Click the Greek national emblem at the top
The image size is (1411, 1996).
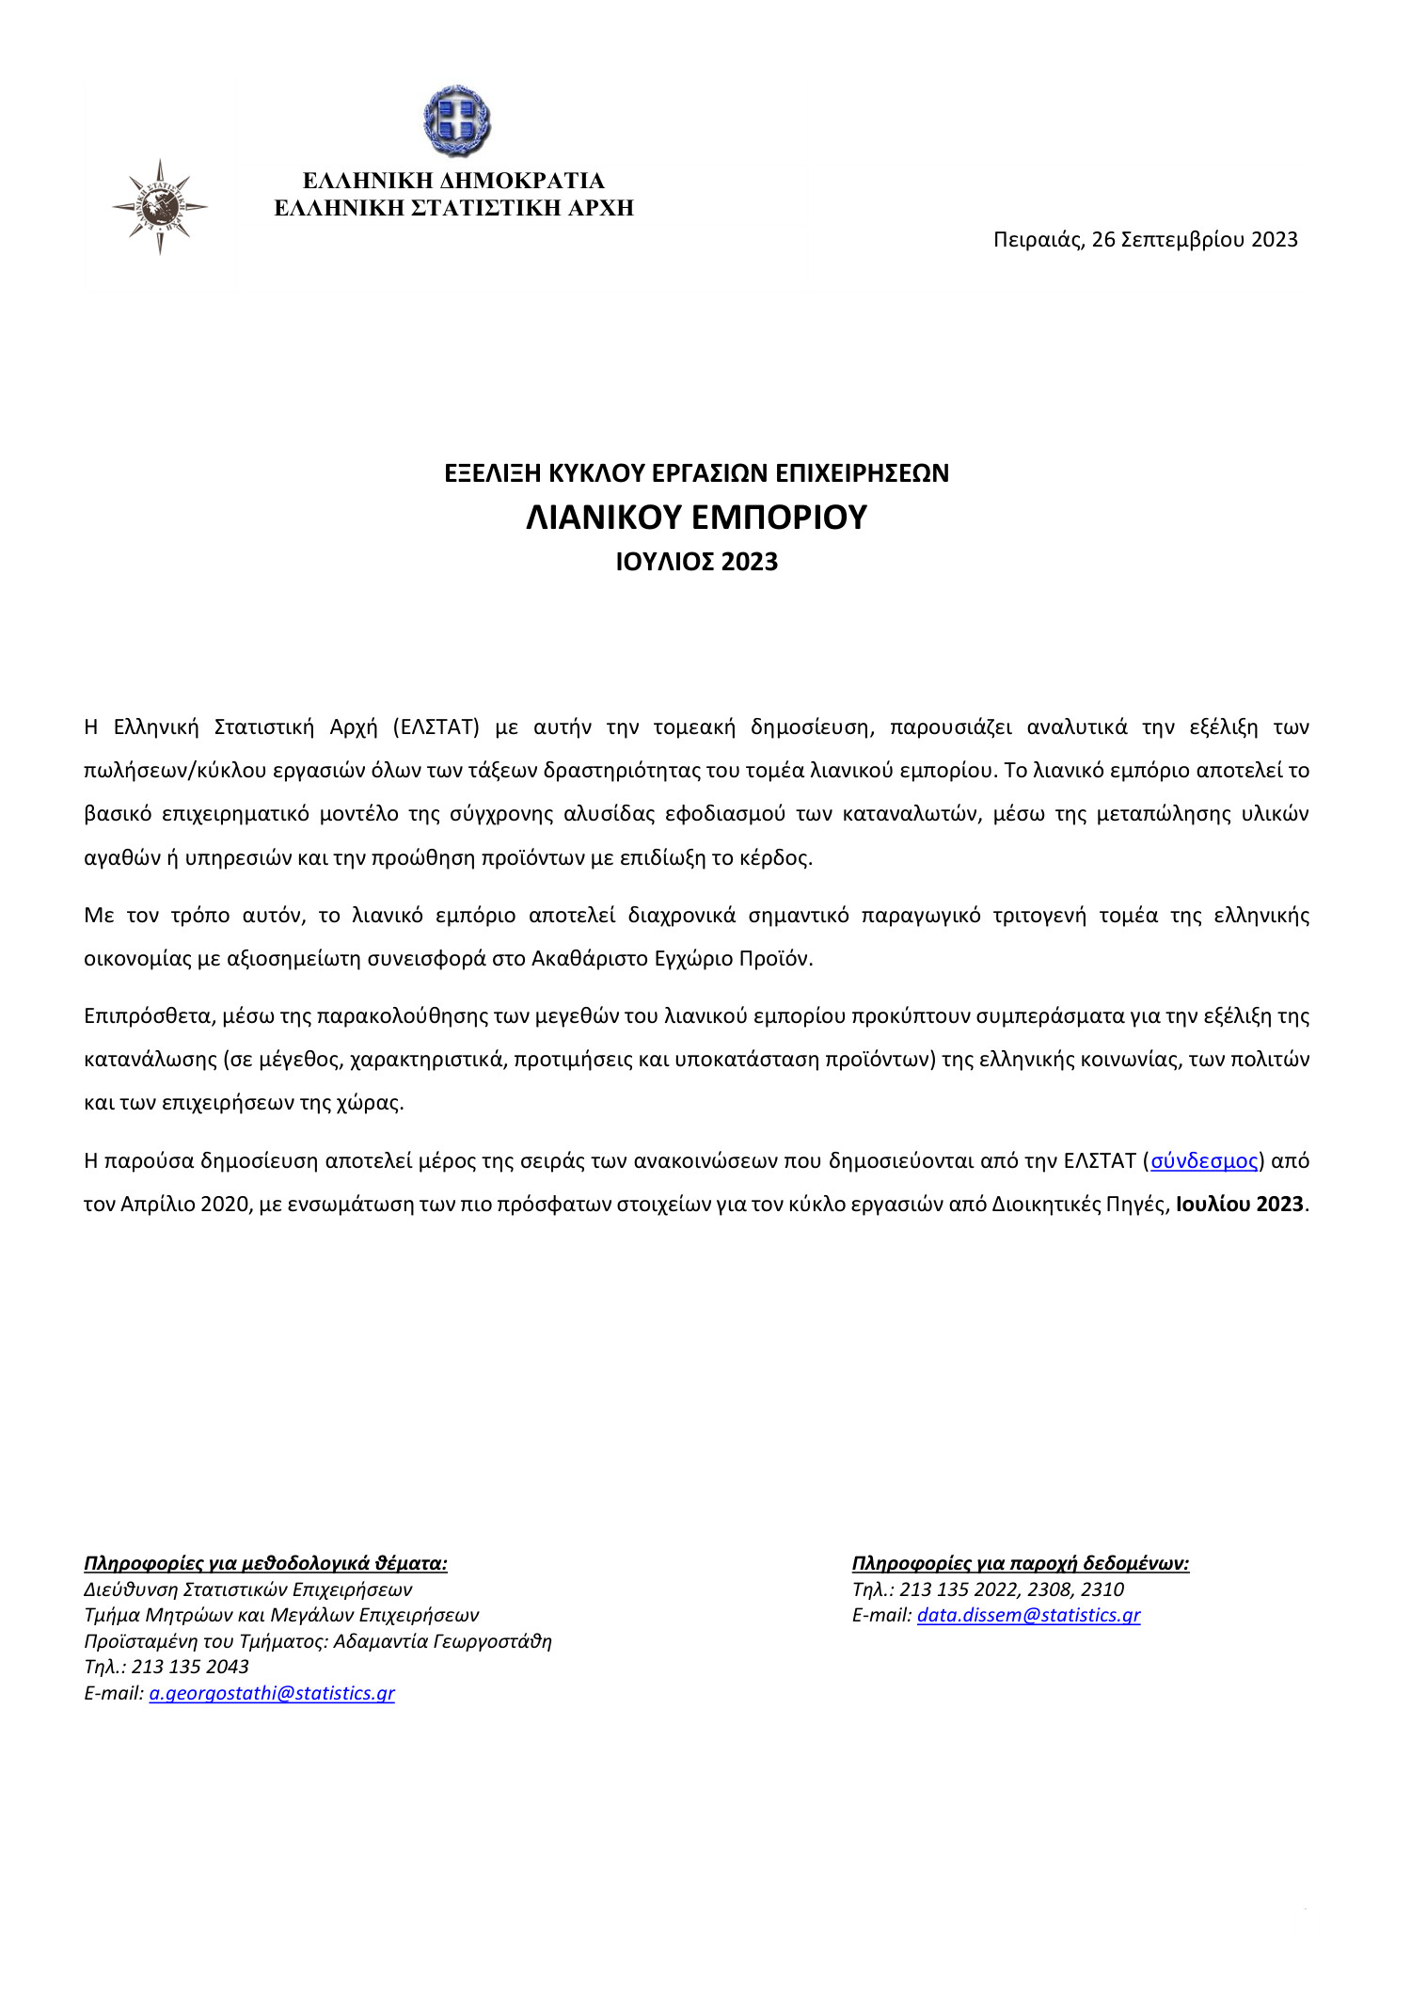coord(456,120)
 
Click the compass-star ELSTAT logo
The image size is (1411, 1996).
coord(160,206)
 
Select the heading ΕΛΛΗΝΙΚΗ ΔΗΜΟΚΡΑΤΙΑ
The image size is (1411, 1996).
coord(453,181)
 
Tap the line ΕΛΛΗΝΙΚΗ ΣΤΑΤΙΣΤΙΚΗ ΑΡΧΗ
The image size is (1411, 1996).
coord(453,208)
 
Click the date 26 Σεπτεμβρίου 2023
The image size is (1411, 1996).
coord(1194,240)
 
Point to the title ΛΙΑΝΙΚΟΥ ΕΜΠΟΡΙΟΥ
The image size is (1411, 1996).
coord(696,518)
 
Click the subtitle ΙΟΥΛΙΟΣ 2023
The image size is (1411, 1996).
coord(696,562)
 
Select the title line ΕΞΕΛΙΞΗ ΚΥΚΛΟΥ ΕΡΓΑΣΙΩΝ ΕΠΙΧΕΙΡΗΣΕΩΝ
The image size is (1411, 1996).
coord(696,473)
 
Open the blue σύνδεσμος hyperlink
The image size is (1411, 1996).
coord(1204,1161)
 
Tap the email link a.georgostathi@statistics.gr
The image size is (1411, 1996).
coord(272,1693)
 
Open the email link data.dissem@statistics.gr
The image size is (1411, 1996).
coord(1028,1615)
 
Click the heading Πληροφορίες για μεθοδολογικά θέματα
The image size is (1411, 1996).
coord(265,1563)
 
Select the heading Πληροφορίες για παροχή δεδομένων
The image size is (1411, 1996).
coord(1021,1563)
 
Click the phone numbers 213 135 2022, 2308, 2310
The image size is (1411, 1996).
coord(1011,1589)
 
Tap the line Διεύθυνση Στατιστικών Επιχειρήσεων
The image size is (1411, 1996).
coord(248,1589)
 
